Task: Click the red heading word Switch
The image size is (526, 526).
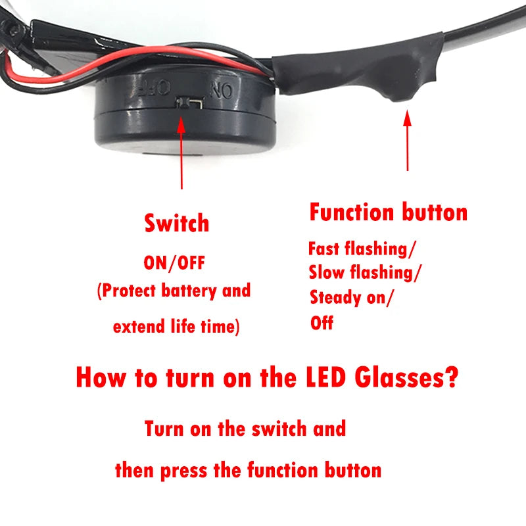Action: tap(176, 224)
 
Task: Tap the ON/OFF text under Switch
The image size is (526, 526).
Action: tap(174, 263)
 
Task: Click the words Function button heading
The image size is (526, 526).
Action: tap(388, 212)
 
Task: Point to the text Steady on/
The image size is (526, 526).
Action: tap(352, 297)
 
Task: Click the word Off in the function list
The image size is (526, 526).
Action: tap(322, 323)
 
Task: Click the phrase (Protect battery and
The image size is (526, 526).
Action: tap(174, 291)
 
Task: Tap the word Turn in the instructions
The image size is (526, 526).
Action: tap(164, 429)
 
